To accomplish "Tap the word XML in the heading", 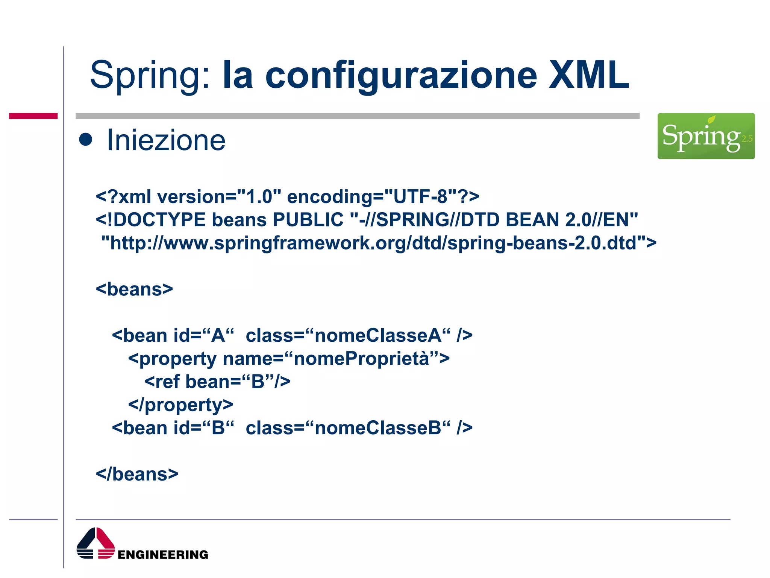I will click(588, 75).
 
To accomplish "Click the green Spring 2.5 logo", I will click(706, 136).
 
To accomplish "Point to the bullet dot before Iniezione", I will click(86, 140).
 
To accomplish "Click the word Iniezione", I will click(166, 140).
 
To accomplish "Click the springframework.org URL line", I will click(378, 243).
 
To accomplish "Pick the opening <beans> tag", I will click(134, 289).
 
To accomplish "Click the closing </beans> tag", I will click(137, 474).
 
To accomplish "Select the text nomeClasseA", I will click(378, 335).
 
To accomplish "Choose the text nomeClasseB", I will click(378, 428).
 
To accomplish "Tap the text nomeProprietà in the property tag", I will click(361, 359).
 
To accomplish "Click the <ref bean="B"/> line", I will click(217, 382).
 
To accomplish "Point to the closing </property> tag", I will click(180, 405).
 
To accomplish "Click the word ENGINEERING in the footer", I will click(162, 555).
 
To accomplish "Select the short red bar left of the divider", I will click(33, 116).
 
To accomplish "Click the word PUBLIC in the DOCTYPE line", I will click(308, 220).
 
